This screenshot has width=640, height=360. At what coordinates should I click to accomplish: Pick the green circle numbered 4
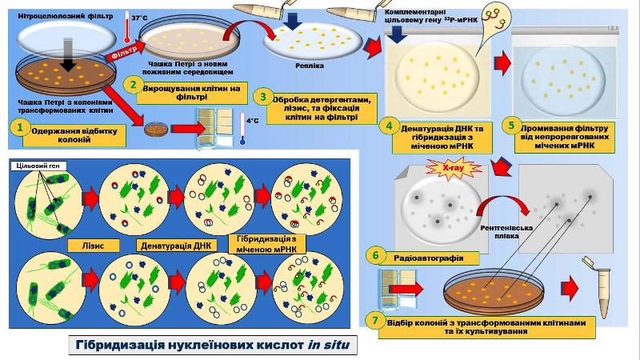pyautogui.click(x=387, y=126)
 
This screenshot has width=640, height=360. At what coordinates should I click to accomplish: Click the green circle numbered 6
pyautogui.click(x=374, y=256)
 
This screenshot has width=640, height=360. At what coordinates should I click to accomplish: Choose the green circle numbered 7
pyautogui.click(x=373, y=320)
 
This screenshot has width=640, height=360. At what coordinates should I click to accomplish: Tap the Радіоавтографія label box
pyautogui.click(x=424, y=257)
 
